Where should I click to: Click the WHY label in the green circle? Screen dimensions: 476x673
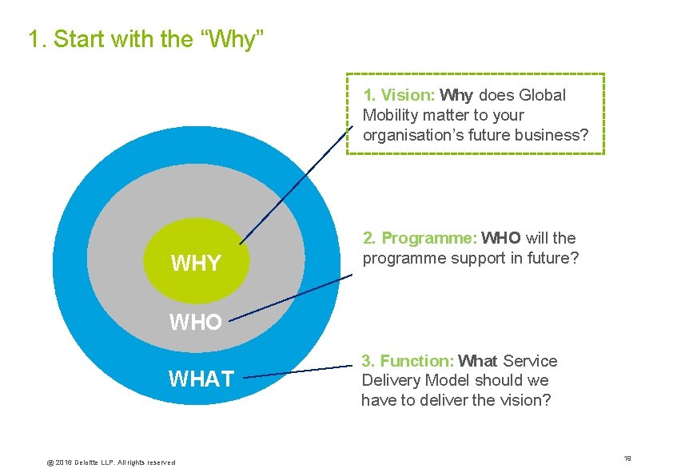[196, 263]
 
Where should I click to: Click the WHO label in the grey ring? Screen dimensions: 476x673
[195, 323]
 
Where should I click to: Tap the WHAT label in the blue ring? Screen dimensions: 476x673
[201, 379]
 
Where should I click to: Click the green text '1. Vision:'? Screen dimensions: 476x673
[399, 95]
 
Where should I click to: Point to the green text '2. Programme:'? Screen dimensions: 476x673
[420, 238]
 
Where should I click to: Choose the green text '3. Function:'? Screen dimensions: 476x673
[408, 361]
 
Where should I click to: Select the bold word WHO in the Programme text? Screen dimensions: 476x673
[501, 238]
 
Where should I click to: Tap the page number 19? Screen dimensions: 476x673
[627, 458]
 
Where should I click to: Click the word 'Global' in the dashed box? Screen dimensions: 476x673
[542, 95]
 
